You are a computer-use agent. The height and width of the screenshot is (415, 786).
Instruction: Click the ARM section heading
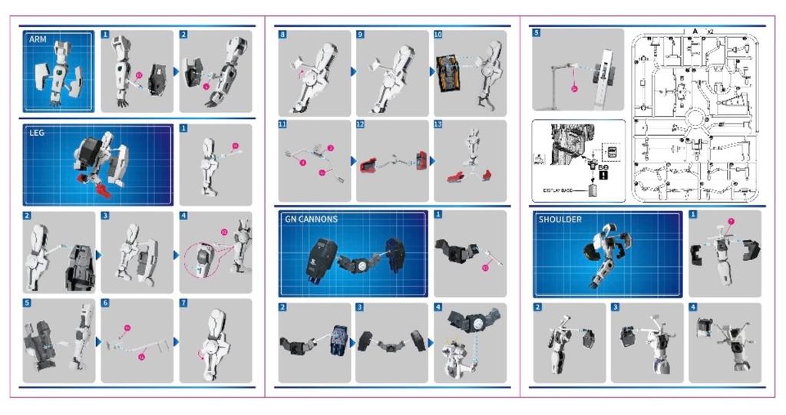(38, 38)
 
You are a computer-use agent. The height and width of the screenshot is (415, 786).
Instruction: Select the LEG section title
(38, 133)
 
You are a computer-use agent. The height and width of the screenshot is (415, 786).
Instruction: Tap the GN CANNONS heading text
(311, 219)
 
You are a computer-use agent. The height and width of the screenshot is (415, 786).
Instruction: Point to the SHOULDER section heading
(560, 219)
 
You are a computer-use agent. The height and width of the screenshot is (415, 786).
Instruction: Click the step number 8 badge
(282, 35)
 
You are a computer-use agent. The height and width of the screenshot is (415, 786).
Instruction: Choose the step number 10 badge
(438, 35)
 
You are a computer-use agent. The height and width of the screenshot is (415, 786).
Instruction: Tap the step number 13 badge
(438, 124)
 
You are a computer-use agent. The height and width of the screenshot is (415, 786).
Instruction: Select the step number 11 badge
(282, 124)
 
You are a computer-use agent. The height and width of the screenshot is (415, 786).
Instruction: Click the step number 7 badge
(183, 303)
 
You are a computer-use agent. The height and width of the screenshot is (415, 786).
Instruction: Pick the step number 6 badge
(105, 303)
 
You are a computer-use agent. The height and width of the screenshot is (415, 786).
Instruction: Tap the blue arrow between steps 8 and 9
(353, 71)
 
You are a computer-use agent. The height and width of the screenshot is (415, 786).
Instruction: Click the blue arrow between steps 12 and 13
(431, 161)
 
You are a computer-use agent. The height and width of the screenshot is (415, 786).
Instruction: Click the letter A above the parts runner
(695, 31)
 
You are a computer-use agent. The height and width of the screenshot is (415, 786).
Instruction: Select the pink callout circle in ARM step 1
(139, 75)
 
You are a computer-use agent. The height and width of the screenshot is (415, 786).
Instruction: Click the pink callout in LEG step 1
(235, 145)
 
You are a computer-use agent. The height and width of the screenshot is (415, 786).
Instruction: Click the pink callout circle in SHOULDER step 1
(732, 222)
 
